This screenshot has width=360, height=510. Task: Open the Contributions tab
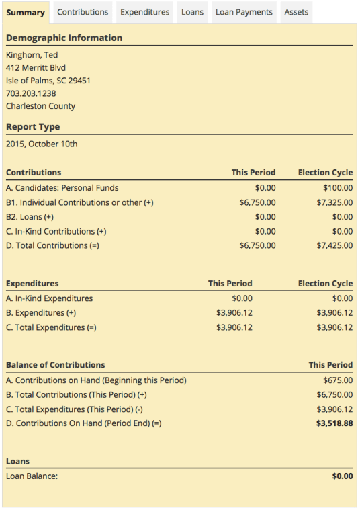point(83,12)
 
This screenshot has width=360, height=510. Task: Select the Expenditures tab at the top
point(144,12)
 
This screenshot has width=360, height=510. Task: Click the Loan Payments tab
point(244,12)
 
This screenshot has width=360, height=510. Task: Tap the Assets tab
point(296,12)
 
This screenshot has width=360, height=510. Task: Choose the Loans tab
point(192,12)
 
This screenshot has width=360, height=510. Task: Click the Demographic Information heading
point(64,38)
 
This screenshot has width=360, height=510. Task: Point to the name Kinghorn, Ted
point(32,55)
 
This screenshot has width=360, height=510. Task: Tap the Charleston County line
point(40,106)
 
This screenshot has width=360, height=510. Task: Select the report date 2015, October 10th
point(42,144)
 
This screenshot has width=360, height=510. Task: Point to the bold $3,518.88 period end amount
point(334,423)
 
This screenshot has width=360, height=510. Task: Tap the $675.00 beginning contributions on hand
point(338,380)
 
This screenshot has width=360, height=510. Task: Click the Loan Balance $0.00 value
point(342,476)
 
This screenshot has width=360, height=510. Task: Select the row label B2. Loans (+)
point(31,216)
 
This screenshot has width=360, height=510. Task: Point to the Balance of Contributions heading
point(55,365)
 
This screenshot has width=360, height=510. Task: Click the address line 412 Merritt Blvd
point(36,68)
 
